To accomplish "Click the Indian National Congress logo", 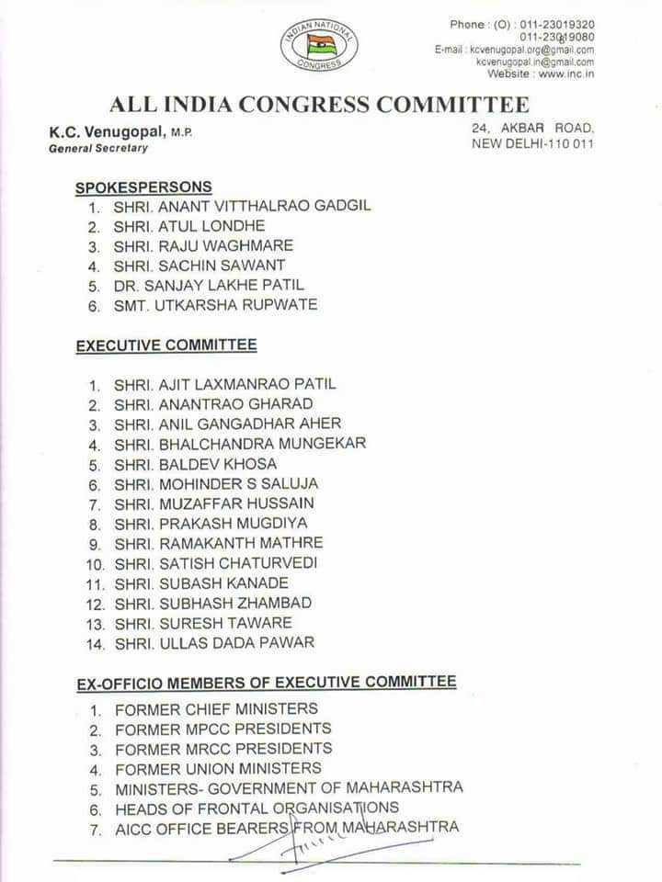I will coord(319,45).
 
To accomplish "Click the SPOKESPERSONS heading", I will coord(143,187).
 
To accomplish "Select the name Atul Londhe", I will coord(188,226).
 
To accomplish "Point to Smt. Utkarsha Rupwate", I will coord(215,305).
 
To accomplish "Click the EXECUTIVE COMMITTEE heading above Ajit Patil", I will coord(165,345).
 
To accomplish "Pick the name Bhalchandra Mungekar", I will coord(240,444).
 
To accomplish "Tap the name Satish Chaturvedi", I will coord(215,563).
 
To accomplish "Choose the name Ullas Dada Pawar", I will coord(214,643).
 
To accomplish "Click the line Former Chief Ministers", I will coord(216,709).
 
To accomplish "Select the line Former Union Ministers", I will coord(218,768).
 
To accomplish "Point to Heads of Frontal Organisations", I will coord(257,808).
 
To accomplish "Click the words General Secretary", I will coord(98,148).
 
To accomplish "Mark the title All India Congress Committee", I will coord(319,104).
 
